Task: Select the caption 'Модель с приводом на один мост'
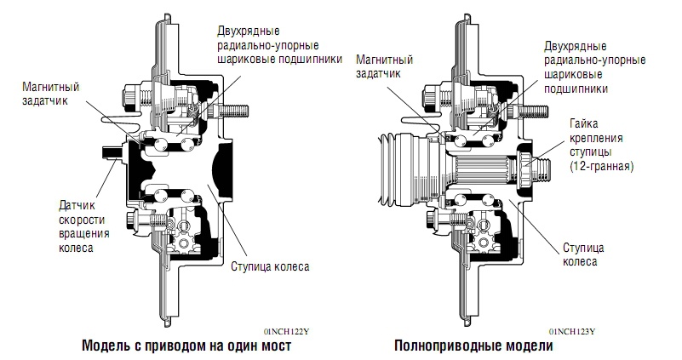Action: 186,347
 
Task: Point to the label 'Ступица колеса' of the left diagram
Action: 270,266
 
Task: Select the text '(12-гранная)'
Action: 602,167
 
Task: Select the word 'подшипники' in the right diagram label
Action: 576,87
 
